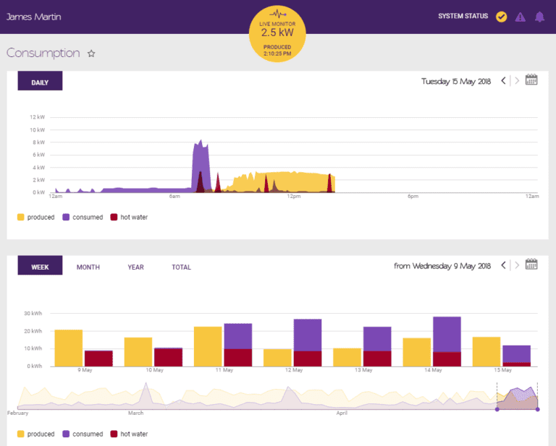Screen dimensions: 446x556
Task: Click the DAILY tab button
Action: pyautogui.click(x=40, y=82)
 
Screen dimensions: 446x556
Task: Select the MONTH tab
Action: pyautogui.click(x=88, y=267)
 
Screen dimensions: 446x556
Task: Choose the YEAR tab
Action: pyautogui.click(x=135, y=267)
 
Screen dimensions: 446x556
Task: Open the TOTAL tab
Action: pyautogui.click(x=181, y=267)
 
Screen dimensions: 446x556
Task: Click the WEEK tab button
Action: pyautogui.click(x=40, y=267)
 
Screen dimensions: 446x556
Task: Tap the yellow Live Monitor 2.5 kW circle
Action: pyautogui.click(x=277, y=33)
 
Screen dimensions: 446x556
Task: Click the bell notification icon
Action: pyautogui.click(x=539, y=17)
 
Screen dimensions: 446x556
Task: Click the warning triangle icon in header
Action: pyautogui.click(x=520, y=17)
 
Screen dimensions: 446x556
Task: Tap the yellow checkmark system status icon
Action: pyautogui.click(x=501, y=17)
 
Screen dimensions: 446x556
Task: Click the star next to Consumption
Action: pyautogui.click(x=91, y=53)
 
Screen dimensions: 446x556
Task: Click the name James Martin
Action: pyautogui.click(x=34, y=17)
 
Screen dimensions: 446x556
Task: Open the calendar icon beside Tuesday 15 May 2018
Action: pyautogui.click(x=531, y=80)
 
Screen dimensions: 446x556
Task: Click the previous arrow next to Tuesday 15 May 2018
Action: pyautogui.click(x=504, y=81)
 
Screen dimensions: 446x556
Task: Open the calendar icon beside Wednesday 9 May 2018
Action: pyautogui.click(x=531, y=265)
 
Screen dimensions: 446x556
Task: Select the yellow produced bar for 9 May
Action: pyautogui.click(x=69, y=348)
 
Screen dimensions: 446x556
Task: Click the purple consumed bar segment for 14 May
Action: pyautogui.click(x=447, y=334)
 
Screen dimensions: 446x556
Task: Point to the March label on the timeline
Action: pyautogui.click(x=136, y=413)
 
